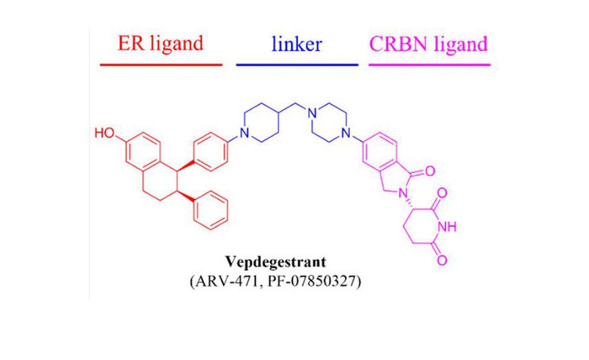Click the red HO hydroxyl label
(x=104, y=133)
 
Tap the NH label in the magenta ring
(x=447, y=227)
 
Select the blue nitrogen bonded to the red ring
(x=245, y=133)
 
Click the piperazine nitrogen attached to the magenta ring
(x=346, y=133)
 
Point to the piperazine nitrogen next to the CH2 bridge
(x=312, y=113)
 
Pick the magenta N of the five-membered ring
(x=403, y=193)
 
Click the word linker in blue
(x=297, y=44)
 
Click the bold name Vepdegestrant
(x=276, y=262)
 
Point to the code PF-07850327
(x=313, y=281)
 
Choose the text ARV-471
(x=225, y=281)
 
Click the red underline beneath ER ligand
(x=161, y=65)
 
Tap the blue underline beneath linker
(x=297, y=65)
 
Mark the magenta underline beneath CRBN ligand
(x=429, y=65)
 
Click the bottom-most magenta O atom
(x=442, y=260)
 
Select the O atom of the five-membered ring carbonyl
(x=430, y=171)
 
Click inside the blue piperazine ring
(x=329, y=123)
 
